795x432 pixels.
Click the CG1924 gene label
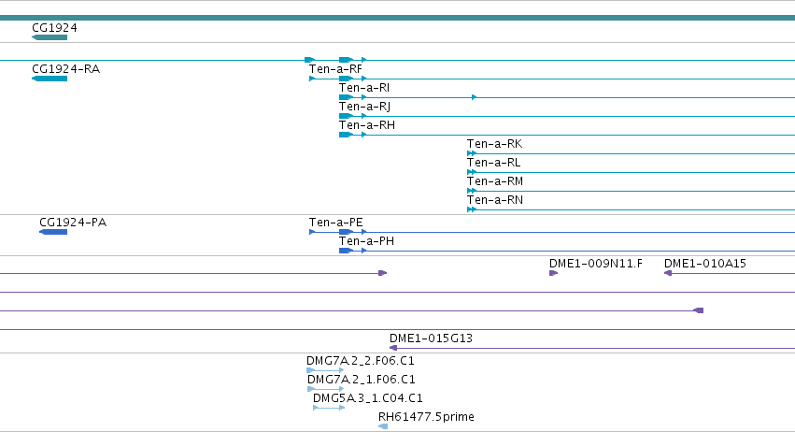[x=54, y=28]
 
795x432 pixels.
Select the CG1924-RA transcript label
[x=66, y=69]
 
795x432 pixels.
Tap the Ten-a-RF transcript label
[x=335, y=69]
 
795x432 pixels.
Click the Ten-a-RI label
[x=364, y=88]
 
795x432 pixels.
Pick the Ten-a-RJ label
[x=364, y=107]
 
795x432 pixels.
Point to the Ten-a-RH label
[x=366, y=125]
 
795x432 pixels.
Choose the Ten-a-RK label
[x=494, y=144]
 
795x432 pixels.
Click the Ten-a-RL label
[x=493, y=163]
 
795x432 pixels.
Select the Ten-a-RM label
[x=495, y=181]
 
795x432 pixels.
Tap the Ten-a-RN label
[x=495, y=200]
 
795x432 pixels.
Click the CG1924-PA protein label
[x=73, y=223]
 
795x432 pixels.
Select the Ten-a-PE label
[x=335, y=223]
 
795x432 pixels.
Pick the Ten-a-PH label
[x=366, y=241]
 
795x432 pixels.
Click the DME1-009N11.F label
[x=596, y=264]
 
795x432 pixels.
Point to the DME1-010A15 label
[x=704, y=264]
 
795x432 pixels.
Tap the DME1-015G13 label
[x=431, y=338]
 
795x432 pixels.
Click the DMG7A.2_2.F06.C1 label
[x=360, y=361]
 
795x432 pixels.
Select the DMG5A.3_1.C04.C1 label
[x=367, y=398]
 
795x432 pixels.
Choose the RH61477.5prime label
[x=426, y=417]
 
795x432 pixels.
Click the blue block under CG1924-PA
[x=53, y=232]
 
